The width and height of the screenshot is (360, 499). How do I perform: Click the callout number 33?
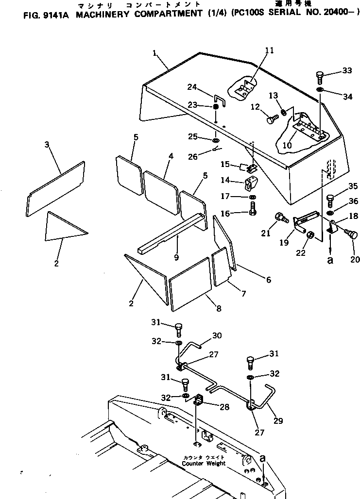(346, 71)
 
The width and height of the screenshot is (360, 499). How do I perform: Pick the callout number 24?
(192, 87)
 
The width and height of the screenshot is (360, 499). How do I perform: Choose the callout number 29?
(278, 421)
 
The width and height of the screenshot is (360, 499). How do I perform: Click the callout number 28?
(224, 407)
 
